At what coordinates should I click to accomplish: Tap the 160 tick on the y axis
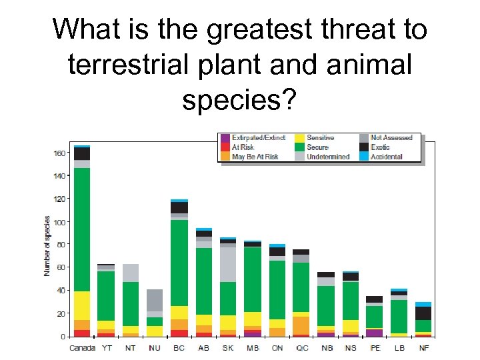pos(61,153)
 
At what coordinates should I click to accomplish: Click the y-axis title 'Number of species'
pos(47,245)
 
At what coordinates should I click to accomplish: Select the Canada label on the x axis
pos(82,347)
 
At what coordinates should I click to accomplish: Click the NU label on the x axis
pos(155,347)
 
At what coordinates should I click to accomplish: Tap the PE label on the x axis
pos(375,347)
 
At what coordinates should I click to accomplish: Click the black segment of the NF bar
pos(423,313)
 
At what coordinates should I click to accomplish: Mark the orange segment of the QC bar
pos(301,325)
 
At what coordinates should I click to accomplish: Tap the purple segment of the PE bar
pos(375,333)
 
